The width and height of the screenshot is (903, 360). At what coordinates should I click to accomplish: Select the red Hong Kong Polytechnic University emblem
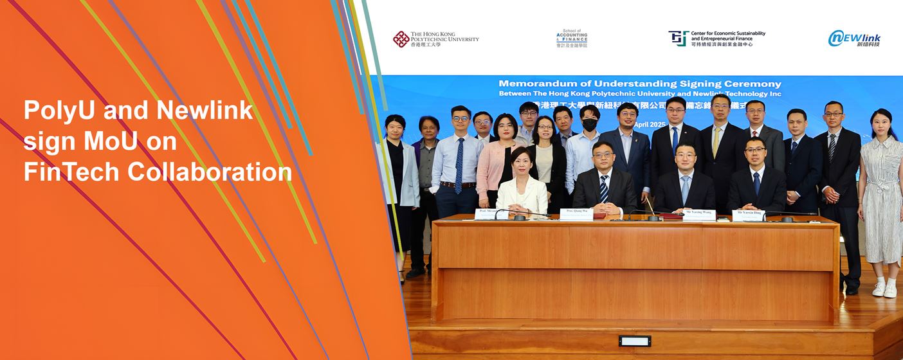pos(401,39)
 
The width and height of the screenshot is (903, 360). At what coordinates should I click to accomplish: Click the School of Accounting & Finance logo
pos(572,39)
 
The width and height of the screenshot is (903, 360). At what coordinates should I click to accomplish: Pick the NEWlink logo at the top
pos(854,39)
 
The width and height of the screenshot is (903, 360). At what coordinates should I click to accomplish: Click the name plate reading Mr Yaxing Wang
pos(699,215)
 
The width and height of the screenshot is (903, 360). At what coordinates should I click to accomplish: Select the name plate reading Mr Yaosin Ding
pos(749,215)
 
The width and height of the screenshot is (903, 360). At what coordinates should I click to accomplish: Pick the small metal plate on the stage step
pos(634,341)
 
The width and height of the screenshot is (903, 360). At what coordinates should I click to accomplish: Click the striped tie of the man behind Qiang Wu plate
pos(604,189)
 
